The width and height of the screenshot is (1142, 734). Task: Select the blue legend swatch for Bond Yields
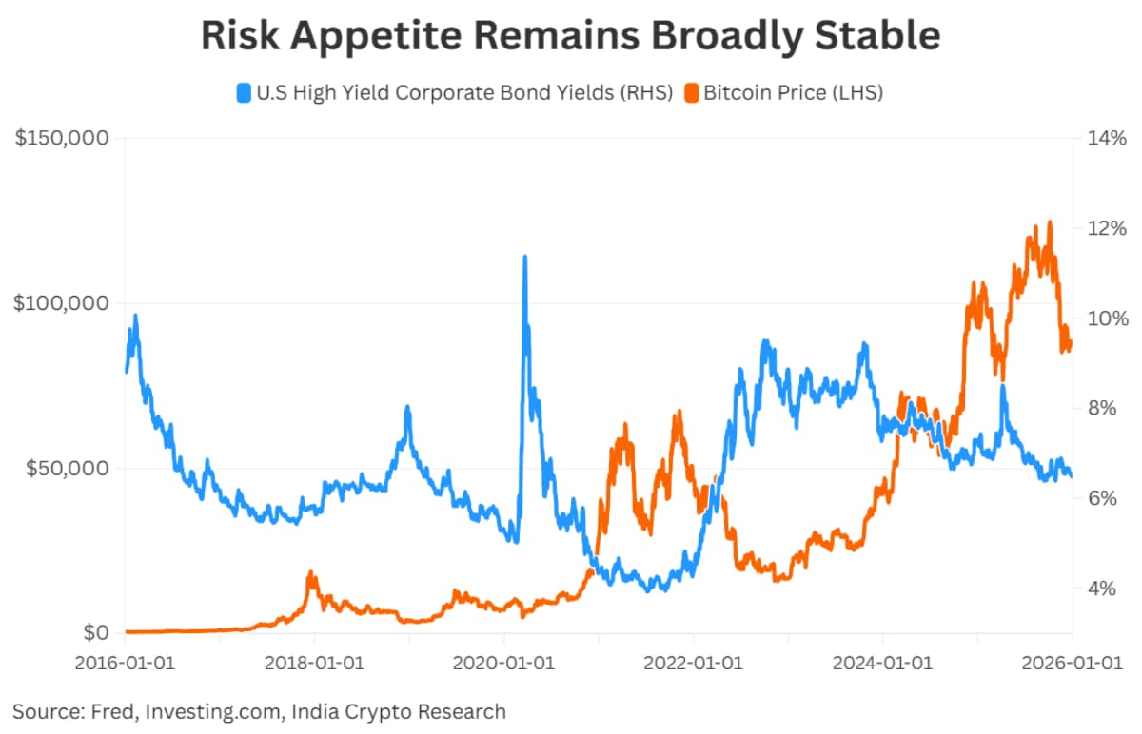(x=244, y=93)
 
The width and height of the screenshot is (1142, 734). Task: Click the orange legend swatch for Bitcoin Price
(x=691, y=93)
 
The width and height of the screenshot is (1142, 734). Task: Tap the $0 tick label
(x=93, y=632)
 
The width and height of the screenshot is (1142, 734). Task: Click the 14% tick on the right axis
(x=1107, y=139)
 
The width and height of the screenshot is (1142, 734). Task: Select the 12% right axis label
(x=1107, y=229)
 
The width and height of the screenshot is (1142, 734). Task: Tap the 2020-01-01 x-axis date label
(x=503, y=664)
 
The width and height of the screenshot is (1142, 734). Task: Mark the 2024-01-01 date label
(x=881, y=664)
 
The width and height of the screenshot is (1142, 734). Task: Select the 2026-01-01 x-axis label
(x=1070, y=664)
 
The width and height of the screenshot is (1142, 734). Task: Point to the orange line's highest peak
(x=1050, y=222)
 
